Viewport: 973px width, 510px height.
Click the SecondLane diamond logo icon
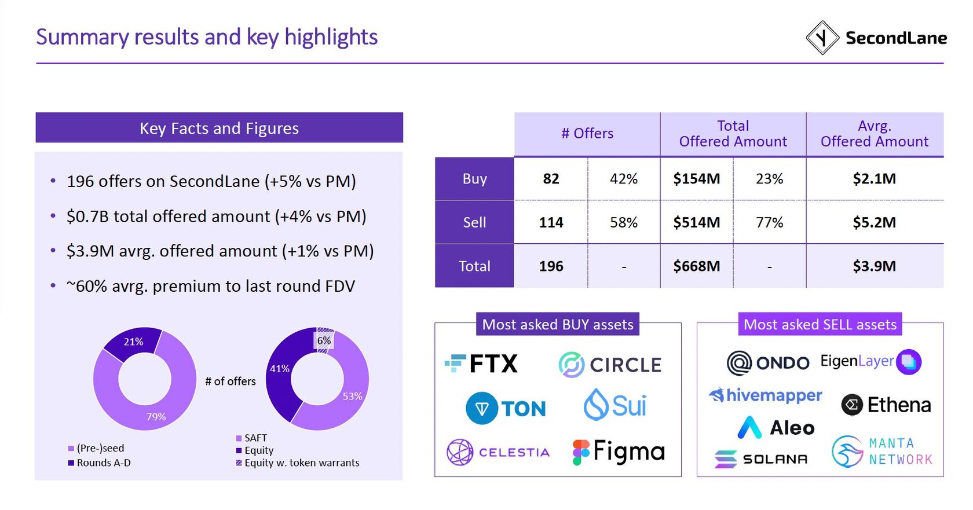click(x=822, y=38)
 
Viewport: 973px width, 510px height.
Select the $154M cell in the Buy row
click(x=696, y=179)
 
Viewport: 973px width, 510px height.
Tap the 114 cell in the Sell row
click(x=551, y=222)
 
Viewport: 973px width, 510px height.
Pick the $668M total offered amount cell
click(x=696, y=266)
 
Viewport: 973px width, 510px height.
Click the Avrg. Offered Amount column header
click(x=874, y=134)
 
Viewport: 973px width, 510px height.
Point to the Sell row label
click(x=474, y=222)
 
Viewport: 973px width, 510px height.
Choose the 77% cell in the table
click(x=769, y=222)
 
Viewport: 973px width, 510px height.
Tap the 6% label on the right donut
click(x=324, y=340)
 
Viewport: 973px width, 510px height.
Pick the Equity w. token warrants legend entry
click(x=301, y=463)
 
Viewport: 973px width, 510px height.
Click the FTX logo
click(x=481, y=364)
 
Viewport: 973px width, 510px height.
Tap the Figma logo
click(x=619, y=452)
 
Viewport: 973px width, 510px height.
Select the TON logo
click(x=506, y=408)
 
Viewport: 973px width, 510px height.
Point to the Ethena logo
click(x=886, y=405)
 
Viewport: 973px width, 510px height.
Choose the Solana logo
click(x=761, y=459)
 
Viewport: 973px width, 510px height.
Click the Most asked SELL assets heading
click(x=820, y=325)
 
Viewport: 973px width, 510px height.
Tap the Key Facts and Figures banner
click(x=219, y=128)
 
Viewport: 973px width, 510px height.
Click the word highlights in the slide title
click(x=331, y=37)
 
